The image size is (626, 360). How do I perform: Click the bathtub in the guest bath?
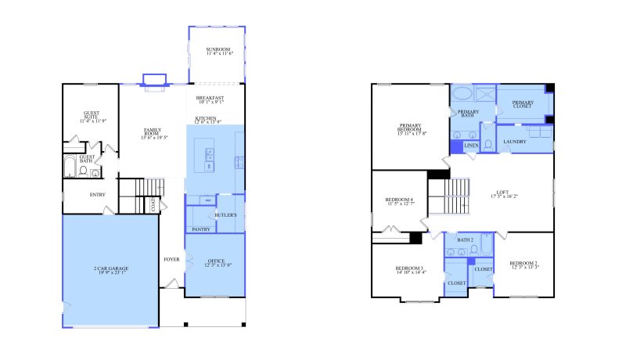click(68, 168)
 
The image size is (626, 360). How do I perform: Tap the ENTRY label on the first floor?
click(98, 195)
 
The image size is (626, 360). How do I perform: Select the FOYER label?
click(171, 259)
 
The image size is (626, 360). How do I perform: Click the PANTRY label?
click(200, 229)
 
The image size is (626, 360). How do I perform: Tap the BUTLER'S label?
click(225, 214)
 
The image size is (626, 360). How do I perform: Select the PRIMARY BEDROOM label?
click(411, 129)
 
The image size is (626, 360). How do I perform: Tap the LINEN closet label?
click(471, 146)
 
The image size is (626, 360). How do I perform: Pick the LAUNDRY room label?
click(515, 142)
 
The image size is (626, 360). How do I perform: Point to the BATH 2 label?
click(466, 239)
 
